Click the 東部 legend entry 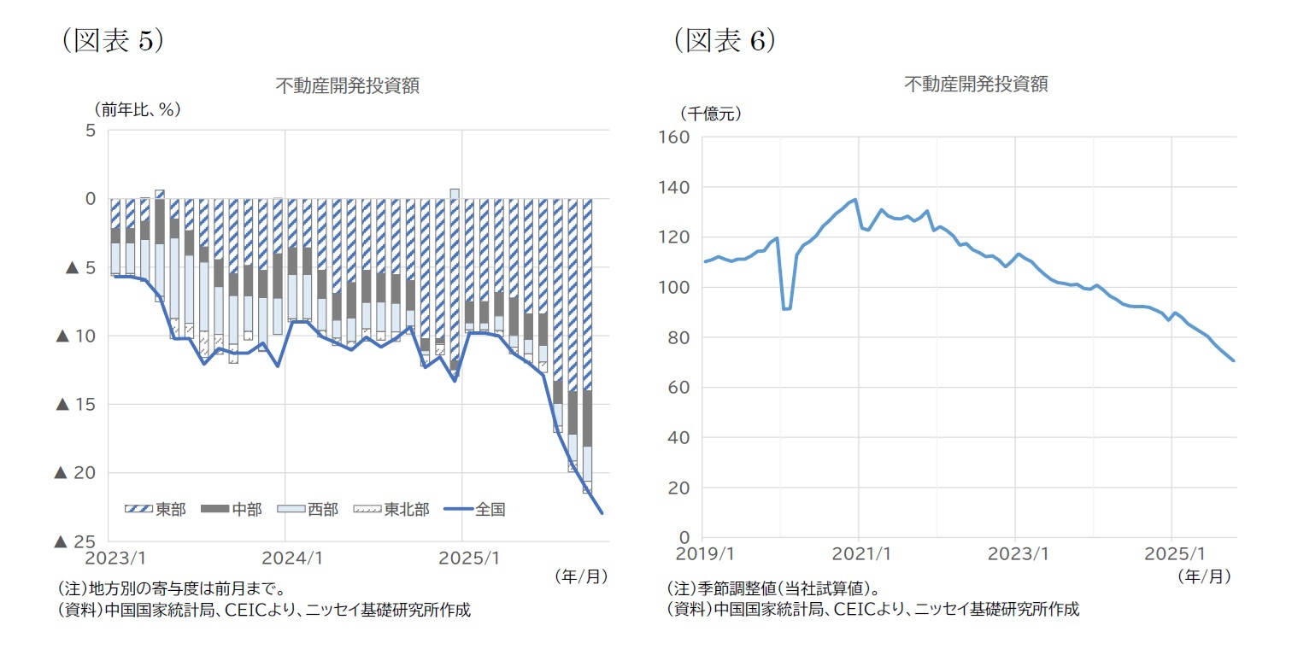pyautogui.click(x=155, y=510)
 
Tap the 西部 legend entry pyautogui.click(x=308, y=510)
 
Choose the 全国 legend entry pyautogui.click(x=475, y=510)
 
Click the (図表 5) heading pyautogui.click(x=110, y=41)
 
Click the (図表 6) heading pyautogui.click(x=723, y=41)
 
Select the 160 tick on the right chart pyautogui.click(x=671, y=137)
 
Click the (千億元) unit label pyautogui.click(x=710, y=112)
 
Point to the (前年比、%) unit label pyautogui.click(x=138, y=108)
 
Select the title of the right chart pyautogui.click(x=976, y=84)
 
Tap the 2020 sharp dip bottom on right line pyautogui.click(x=786, y=309)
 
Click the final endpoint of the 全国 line pyautogui.click(x=602, y=513)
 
